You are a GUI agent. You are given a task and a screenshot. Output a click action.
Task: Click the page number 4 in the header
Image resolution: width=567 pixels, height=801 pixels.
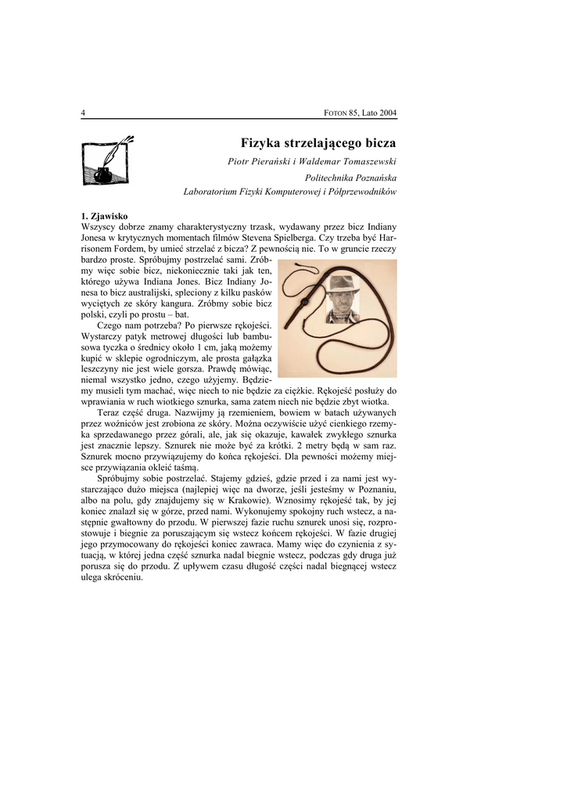[83, 113]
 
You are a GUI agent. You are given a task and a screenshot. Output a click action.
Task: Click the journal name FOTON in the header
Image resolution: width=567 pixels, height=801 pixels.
[336, 113]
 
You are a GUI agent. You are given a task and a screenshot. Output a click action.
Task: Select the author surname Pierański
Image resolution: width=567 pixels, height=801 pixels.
[273, 161]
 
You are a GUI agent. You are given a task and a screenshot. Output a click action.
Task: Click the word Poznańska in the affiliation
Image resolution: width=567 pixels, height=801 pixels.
[371, 178]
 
